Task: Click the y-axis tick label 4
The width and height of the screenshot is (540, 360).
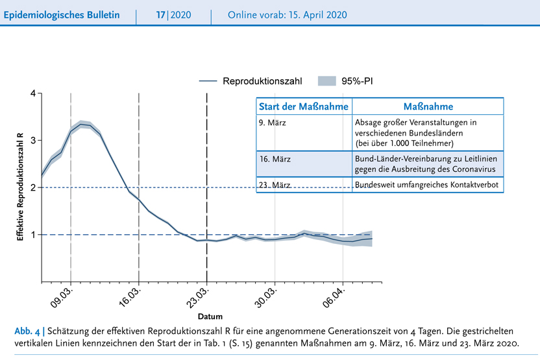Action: tap(32, 93)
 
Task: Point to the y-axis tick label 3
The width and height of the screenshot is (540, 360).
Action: tap(32, 140)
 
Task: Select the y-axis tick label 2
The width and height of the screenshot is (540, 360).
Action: tap(32, 187)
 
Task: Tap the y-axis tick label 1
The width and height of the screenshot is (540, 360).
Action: tap(32, 234)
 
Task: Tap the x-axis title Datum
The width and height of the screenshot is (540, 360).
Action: tap(210, 317)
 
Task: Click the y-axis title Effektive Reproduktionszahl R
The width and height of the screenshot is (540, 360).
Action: tap(20, 187)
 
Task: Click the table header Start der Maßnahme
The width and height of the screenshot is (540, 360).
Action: tap(304, 106)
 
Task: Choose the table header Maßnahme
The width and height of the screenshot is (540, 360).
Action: tap(428, 106)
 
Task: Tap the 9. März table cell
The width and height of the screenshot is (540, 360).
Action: tap(272, 123)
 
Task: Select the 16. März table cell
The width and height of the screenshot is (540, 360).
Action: tap(274, 159)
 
